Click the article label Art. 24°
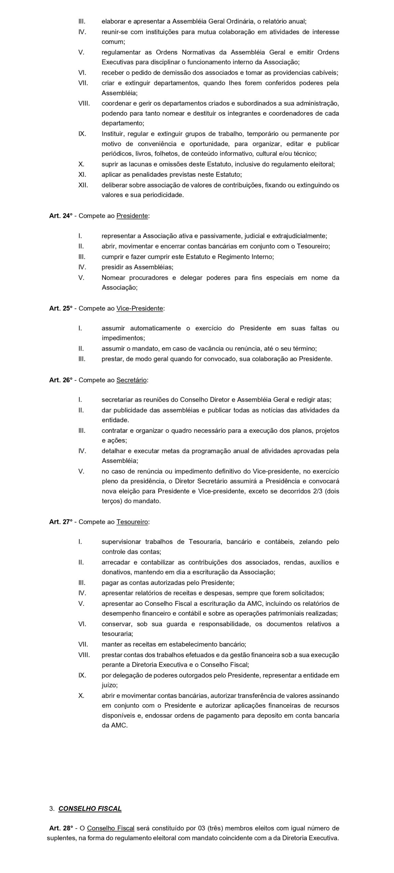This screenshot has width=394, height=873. [x=61, y=216]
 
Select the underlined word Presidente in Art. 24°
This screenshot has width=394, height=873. [x=132, y=216]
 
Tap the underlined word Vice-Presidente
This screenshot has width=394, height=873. [x=140, y=308]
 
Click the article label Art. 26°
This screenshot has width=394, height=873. [x=61, y=380]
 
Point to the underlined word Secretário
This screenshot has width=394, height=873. [x=131, y=380]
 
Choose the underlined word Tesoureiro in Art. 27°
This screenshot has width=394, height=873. [x=132, y=522]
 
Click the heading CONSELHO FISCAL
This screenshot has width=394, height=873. [x=90, y=809]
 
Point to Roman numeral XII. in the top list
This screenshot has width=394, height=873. [x=83, y=185]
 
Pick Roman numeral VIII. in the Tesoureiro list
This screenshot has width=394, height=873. [x=84, y=655]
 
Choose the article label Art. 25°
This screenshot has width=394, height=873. [x=61, y=308]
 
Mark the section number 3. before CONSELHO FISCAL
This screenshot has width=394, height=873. [x=52, y=809]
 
